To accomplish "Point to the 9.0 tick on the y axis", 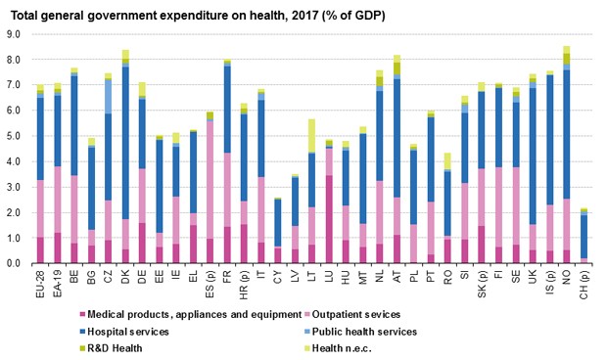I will point(15,34).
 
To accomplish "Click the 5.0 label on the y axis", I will point(15,136).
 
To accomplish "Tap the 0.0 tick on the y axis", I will point(15,264).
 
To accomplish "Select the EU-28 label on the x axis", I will point(40,284).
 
